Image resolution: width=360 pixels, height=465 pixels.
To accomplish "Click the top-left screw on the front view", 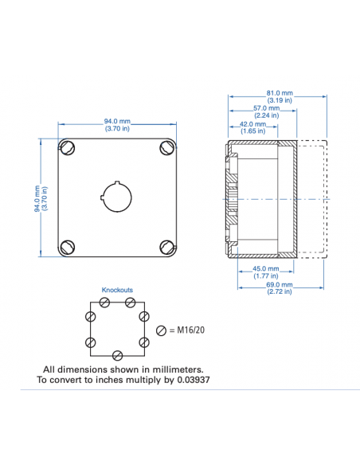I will pyautogui.click(x=68, y=147).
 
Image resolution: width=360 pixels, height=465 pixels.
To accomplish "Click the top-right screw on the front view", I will pyautogui.click(x=166, y=147).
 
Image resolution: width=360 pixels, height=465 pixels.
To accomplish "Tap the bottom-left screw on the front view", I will pyautogui.click(x=68, y=246).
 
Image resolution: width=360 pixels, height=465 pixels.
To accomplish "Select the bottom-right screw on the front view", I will pyautogui.click(x=166, y=246).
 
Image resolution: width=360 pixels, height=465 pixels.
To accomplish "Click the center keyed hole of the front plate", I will pyautogui.click(x=116, y=196).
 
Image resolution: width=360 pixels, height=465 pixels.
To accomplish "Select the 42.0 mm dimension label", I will pyautogui.click(x=252, y=124).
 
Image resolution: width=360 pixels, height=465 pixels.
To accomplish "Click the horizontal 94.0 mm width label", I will pyautogui.click(x=117, y=121).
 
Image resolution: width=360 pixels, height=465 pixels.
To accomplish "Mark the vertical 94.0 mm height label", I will pyautogui.click(x=37, y=197).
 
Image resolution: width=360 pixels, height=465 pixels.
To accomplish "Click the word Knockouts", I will pyautogui.click(x=117, y=291).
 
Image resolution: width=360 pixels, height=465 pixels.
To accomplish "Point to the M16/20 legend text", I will pyautogui.click(x=189, y=330).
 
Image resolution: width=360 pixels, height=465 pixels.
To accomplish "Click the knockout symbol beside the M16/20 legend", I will pyautogui.click(x=162, y=330).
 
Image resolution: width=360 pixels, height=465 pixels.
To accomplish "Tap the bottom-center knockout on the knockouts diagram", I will pyautogui.click(x=117, y=354).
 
